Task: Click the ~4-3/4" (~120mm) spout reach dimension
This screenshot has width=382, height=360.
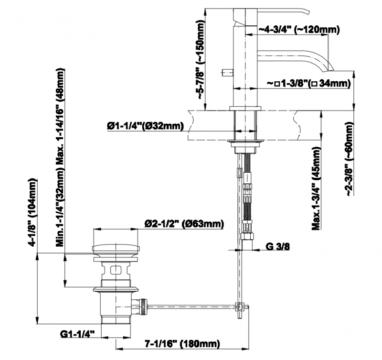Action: (299, 30)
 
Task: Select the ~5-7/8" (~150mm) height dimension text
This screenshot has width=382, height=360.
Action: (201, 59)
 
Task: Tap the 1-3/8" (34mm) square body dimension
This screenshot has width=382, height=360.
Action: (309, 83)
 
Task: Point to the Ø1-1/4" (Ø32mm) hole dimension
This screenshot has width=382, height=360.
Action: (145, 126)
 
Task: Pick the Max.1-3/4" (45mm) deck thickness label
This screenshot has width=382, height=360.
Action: (316, 188)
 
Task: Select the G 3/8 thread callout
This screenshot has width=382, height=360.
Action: (278, 247)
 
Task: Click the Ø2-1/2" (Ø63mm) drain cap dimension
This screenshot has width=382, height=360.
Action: (184, 223)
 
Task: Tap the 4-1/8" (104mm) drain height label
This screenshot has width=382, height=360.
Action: (32, 213)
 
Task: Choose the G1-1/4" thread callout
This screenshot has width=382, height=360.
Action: (77, 334)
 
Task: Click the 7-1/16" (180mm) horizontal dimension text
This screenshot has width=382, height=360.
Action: (182, 344)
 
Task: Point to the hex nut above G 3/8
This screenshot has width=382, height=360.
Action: (247, 236)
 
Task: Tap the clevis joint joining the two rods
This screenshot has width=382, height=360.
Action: (240, 306)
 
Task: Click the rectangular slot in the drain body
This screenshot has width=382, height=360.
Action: (116, 270)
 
